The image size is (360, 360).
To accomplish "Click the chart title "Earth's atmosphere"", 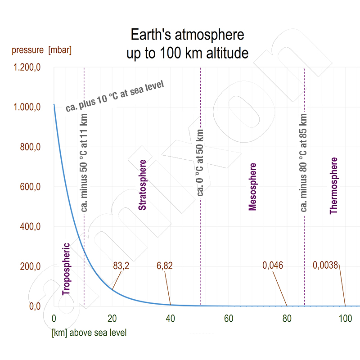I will [x=187, y=35].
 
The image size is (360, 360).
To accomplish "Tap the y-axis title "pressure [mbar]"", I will [x=42, y=50].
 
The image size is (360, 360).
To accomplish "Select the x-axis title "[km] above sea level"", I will [x=89, y=333].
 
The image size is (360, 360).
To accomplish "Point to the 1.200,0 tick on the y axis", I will [x=28, y=67].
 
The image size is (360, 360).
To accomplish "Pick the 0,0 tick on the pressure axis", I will [x=35, y=306].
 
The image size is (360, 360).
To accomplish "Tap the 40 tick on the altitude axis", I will [x=171, y=319].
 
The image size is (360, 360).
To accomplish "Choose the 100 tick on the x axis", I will [x=345, y=319].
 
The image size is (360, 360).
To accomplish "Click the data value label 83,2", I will [x=121, y=265].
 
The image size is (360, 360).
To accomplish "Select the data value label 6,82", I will [x=164, y=265].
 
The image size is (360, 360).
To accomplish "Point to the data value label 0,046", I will [x=273, y=265].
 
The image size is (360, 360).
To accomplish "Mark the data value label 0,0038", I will [x=325, y=265].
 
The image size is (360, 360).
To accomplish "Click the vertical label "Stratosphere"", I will [x=142, y=185].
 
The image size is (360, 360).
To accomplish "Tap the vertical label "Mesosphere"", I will [x=252, y=187].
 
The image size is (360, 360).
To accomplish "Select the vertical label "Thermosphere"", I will [x=333, y=185].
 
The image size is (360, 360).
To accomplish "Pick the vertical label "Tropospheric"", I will [x=66, y=269].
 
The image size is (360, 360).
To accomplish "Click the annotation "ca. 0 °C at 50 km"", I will [x=200, y=163].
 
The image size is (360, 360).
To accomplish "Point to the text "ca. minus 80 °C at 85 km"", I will [x=304, y=162].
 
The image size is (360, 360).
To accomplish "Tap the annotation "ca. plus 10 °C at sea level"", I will [x=114, y=96].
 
